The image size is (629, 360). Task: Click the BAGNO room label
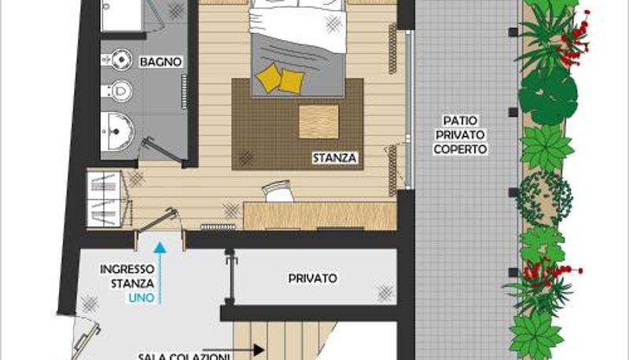click(160, 62)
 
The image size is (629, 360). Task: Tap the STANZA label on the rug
click(335, 158)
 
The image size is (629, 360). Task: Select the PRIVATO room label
click(312, 278)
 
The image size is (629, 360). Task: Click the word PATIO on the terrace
click(460, 120)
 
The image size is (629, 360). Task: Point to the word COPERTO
click(460, 149)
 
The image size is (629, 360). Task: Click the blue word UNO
click(142, 298)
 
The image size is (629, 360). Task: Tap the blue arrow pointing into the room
click(160, 273)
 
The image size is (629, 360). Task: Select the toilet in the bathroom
click(117, 91)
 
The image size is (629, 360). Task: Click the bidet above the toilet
click(117, 59)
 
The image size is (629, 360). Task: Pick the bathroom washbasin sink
click(117, 131)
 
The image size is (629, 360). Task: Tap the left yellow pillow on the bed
click(267, 77)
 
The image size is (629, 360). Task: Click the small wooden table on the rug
click(319, 122)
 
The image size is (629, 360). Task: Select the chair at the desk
click(278, 191)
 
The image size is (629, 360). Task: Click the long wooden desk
click(320, 216)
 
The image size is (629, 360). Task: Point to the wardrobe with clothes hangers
click(105, 199)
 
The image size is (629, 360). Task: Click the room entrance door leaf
click(157, 221)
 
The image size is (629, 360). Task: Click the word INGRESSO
click(127, 269)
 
